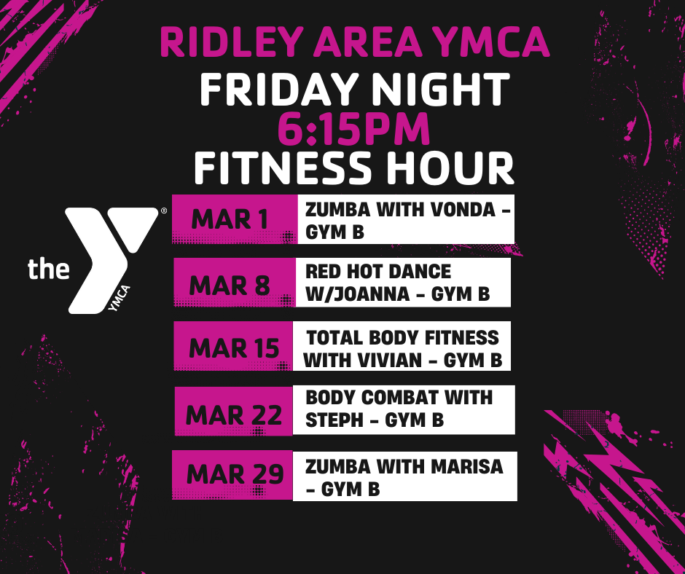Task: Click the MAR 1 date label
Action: tap(230, 219)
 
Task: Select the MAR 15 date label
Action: tap(234, 348)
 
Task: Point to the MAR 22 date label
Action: tap(234, 414)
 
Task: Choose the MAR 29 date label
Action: tap(234, 475)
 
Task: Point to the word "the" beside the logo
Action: tap(49, 269)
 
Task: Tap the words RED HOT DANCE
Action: tap(378, 272)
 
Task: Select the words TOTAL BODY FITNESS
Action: tap(403, 338)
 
